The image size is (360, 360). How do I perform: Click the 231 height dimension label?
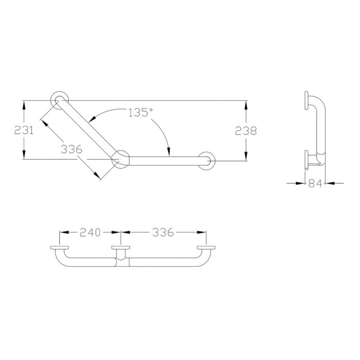pyautogui.click(x=24, y=130)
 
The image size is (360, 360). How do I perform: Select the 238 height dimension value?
pyautogui.click(x=246, y=131)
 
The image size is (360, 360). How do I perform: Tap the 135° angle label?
pyautogui.click(x=140, y=113)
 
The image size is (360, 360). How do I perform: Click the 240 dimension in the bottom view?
pyautogui.click(x=91, y=232)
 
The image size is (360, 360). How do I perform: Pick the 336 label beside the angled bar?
pyautogui.click(x=71, y=150)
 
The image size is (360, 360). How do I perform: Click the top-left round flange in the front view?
pyautogui.click(x=59, y=98)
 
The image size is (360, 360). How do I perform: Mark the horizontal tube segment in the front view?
pyautogui.click(x=165, y=160)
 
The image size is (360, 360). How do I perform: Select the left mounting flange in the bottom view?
pyautogui.click(x=60, y=249)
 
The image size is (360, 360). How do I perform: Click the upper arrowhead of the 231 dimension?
pyautogui.click(x=24, y=104)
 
